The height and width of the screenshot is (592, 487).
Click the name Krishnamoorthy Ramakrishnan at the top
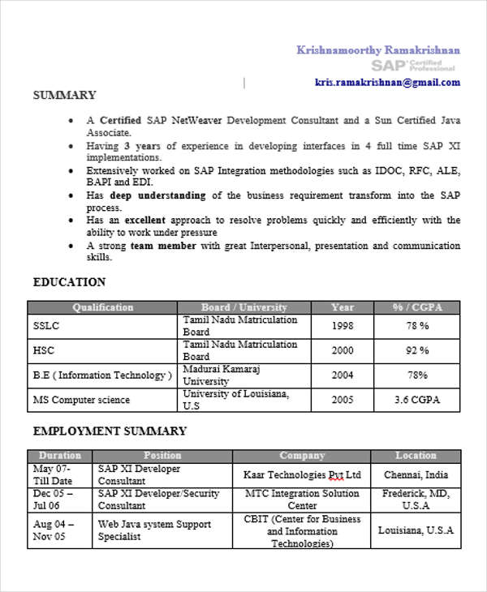378,50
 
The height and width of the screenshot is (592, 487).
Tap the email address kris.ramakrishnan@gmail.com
387,83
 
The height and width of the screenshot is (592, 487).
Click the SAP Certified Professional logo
406,65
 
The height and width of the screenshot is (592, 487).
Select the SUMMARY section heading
64,96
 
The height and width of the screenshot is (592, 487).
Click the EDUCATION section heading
69,282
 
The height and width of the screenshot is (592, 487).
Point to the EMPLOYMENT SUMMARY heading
110,431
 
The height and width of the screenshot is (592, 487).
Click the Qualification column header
102,307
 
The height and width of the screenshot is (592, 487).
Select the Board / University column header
243,307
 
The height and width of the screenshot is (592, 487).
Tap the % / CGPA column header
416,307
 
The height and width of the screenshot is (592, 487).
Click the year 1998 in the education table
342,326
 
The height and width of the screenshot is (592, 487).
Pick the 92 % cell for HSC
417,350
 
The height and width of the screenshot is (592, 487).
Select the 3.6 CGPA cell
417,400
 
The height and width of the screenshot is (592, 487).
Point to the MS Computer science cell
81,400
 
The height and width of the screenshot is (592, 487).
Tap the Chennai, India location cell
416,475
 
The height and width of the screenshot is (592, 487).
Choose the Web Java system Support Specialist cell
154,530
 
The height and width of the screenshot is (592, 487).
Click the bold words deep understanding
158,195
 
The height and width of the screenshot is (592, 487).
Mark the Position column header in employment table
162,456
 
